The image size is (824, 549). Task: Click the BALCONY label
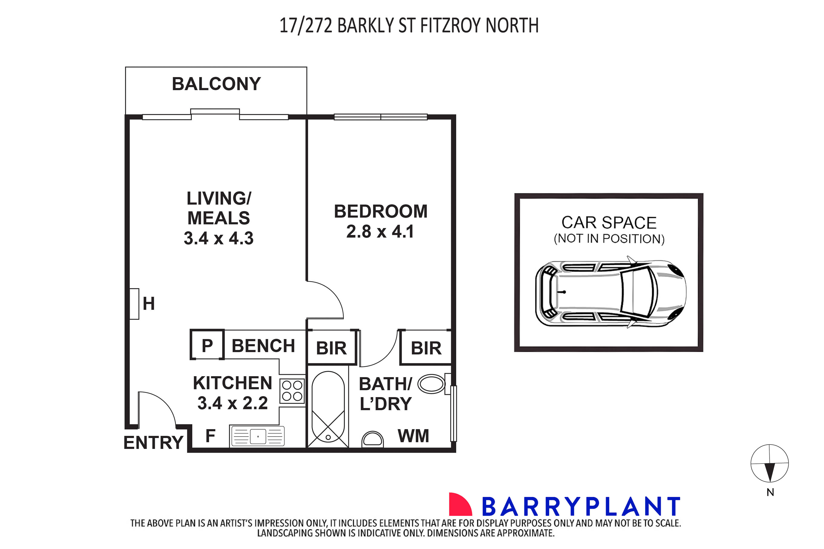tap(216, 84)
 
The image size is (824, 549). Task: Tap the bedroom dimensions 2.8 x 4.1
tap(380, 231)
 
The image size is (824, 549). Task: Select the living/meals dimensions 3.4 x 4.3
tap(218, 238)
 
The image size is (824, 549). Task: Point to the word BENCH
tap(263, 346)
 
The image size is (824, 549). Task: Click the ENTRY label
tap(153, 442)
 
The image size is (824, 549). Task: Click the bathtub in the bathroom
tap(328, 406)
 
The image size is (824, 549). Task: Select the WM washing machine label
tap(413, 436)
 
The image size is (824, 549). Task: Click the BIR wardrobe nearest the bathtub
tap(331, 348)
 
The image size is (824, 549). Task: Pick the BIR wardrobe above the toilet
tap(426, 348)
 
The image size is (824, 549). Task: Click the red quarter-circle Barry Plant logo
tap(459, 504)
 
